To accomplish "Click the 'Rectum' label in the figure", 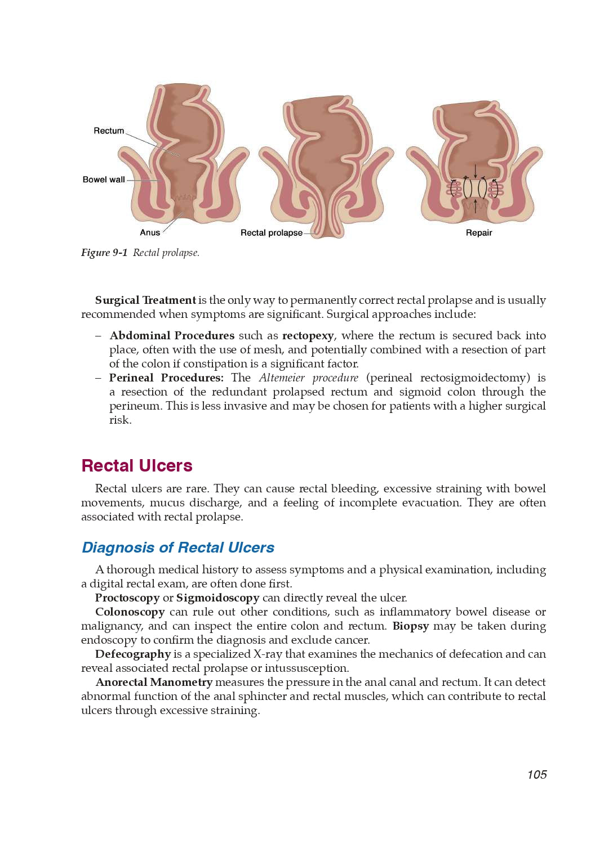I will point(109,131).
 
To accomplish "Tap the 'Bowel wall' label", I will point(104,179).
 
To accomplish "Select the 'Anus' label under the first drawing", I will point(150,233).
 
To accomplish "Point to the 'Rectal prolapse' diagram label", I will point(271,233).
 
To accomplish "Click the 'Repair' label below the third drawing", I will point(479,233).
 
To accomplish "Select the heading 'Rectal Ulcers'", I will point(137,466).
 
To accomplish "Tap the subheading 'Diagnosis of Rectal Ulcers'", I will point(178,547).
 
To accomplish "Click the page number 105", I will point(537,775).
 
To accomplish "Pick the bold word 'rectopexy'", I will point(308,336).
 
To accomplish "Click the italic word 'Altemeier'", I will point(282,378).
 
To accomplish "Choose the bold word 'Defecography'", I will point(133,654).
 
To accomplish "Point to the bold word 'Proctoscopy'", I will point(127,598).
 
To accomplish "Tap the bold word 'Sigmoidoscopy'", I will point(217,598).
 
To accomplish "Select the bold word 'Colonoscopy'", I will point(130,612).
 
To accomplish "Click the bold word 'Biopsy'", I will point(411,626).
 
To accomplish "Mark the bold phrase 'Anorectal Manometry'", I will point(154,683).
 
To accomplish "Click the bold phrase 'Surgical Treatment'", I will point(145,300).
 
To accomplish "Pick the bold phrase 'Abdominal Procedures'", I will point(172,336).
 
